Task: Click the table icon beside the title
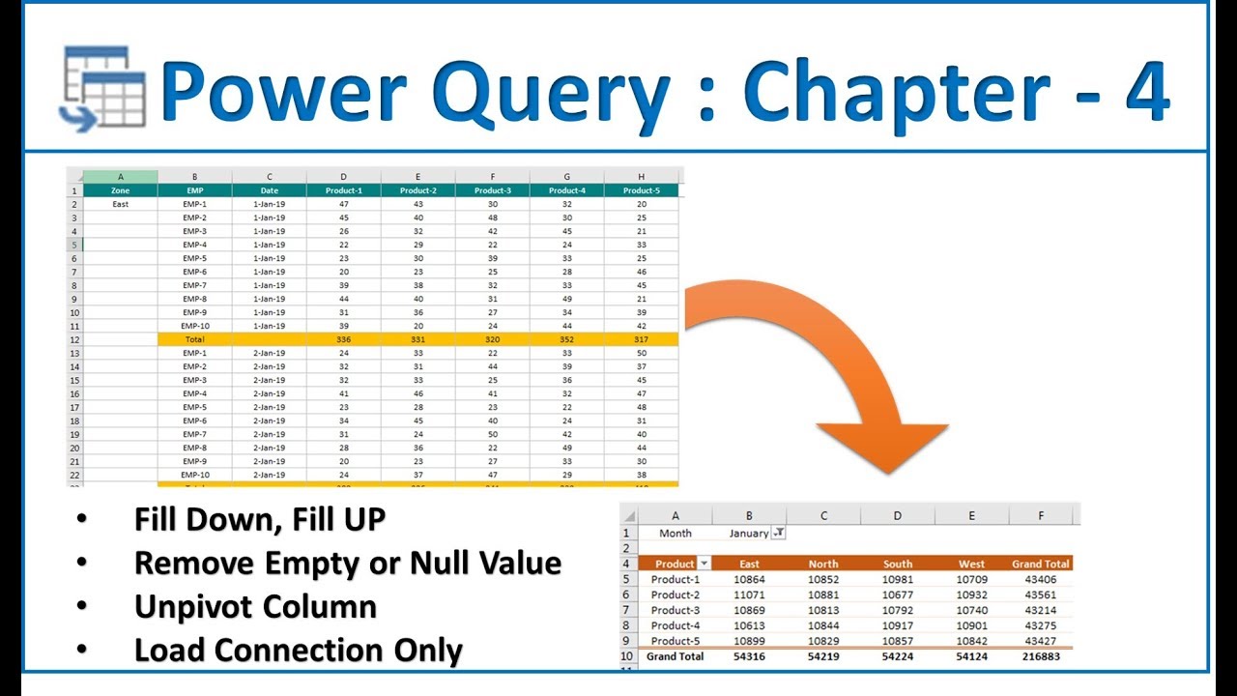[x=104, y=86]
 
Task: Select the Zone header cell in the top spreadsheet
[x=120, y=190]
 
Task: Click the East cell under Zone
[x=120, y=204]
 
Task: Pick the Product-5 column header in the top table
[x=641, y=190]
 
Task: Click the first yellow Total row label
[x=194, y=339]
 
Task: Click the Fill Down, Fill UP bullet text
[x=259, y=519]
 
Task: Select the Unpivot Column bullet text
[x=255, y=607]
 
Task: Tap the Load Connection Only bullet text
[x=298, y=651]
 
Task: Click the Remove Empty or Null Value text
[x=347, y=563]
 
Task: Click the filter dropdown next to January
[x=779, y=533]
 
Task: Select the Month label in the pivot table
[x=676, y=533]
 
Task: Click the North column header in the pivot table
[x=822, y=564]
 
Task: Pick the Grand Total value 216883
[x=1041, y=656]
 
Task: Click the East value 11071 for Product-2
[x=749, y=594]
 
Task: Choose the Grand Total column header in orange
[x=1041, y=564]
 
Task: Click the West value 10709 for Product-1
[x=971, y=579]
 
